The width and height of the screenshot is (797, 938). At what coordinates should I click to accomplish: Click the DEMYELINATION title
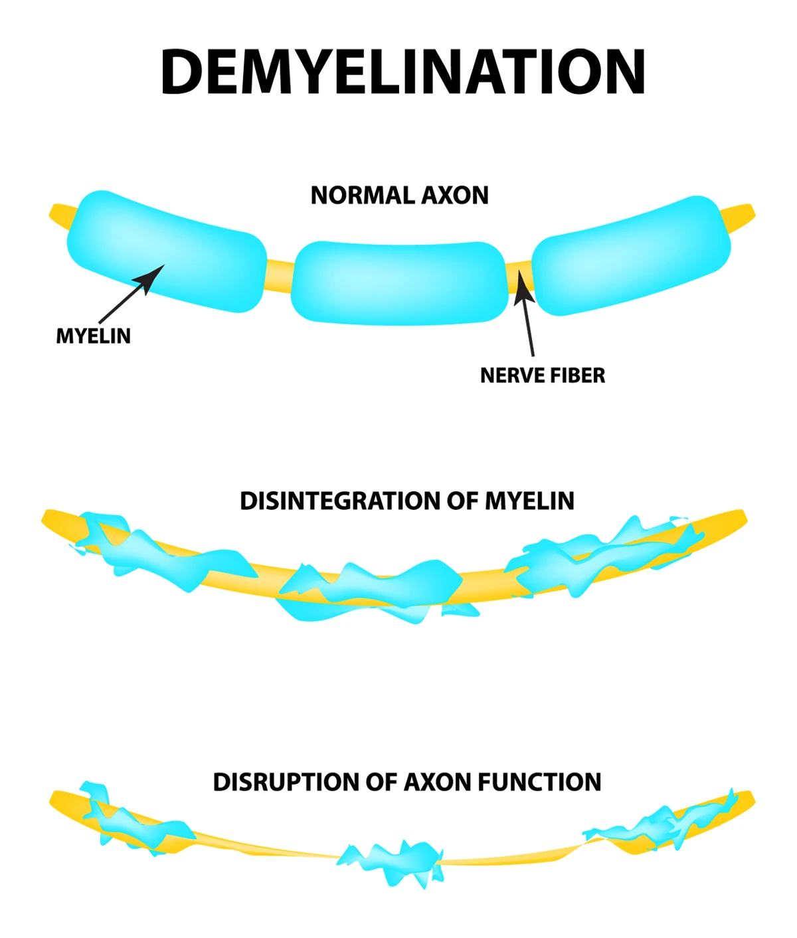click(x=402, y=72)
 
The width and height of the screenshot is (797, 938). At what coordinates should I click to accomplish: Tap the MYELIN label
click(x=93, y=336)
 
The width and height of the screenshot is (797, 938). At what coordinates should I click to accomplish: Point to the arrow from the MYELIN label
click(x=133, y=293)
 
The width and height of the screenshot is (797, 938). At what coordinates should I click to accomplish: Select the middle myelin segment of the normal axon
click(x=399, y=283)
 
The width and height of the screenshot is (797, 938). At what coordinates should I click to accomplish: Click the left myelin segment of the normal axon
click(x=166, y=251)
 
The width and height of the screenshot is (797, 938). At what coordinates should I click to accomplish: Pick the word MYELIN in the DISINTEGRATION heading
click(x=529, y=501)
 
